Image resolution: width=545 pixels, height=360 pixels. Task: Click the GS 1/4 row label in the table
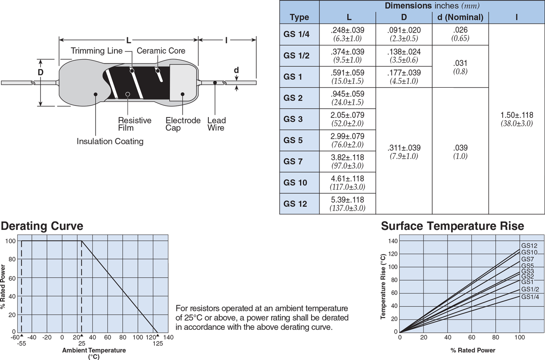coord(296,34)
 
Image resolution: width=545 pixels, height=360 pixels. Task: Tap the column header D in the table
coord(404,17)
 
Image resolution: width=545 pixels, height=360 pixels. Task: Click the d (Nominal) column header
coord(460,17)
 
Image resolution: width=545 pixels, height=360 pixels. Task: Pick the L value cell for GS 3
coord(348,119)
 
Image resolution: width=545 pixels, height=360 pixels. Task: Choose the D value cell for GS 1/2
coord(404,55)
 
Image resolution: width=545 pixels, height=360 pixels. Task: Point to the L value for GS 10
coord(348,183)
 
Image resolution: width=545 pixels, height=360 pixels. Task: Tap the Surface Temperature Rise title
coord(452,226)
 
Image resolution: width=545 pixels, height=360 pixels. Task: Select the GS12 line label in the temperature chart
coord(529,246)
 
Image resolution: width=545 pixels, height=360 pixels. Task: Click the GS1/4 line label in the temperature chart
coord(530,297)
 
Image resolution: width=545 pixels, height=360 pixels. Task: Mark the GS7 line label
coord(527,259)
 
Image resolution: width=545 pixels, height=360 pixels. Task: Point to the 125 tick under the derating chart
coord(157,344)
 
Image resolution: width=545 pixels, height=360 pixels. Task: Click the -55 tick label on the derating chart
coord(21,344)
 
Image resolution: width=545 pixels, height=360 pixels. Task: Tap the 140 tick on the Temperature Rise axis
coord(392,241)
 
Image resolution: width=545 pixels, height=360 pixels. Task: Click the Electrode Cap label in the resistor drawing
coord(183,124)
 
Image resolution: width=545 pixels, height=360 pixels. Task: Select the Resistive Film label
coord(134,124)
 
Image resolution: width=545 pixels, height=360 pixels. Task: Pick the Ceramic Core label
coord(161,51)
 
